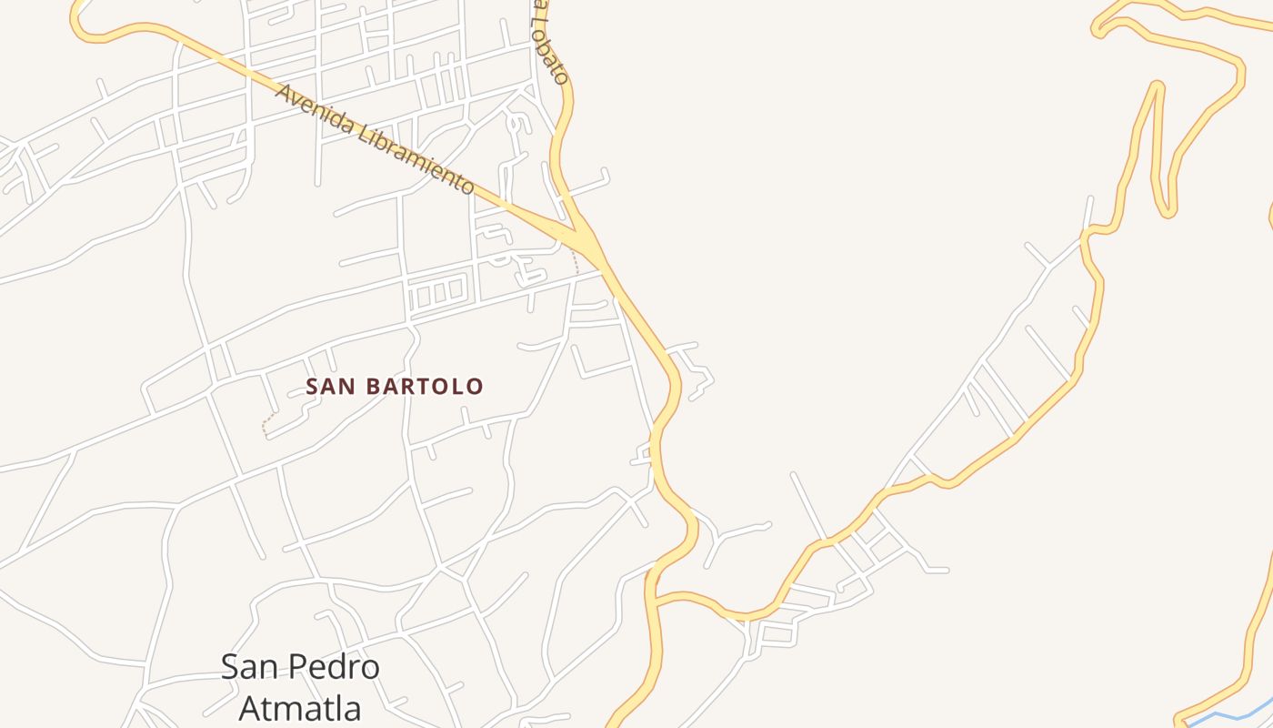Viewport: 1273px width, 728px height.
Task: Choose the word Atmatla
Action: pos(300,707)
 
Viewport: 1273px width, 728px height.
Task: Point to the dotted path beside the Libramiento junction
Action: pos(576,262)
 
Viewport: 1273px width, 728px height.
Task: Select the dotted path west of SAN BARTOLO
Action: pos(266,424)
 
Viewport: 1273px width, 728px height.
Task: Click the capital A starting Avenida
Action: pos(284,93)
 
